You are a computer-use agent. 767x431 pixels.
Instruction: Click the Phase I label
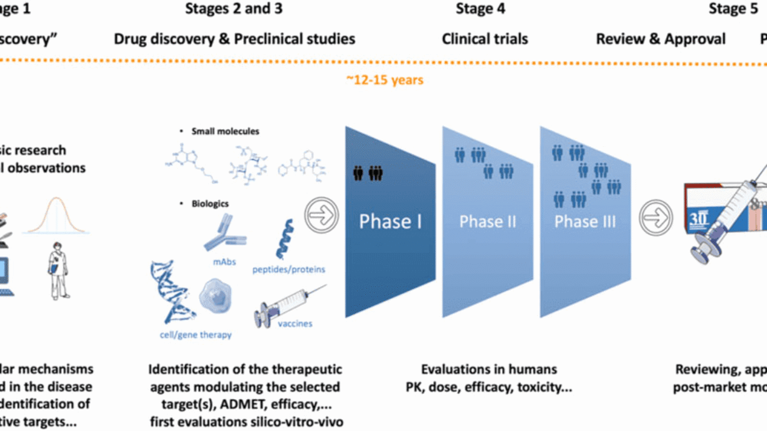click(390, 222)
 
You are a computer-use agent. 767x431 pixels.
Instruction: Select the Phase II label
click(487, 222)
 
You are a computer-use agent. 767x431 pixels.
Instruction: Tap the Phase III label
click(585, 222)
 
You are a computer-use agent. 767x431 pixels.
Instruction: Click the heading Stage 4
click(480, 9)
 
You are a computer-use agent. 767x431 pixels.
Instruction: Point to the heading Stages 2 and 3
click(234, 9)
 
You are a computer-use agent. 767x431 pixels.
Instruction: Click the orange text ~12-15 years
click(385, 80)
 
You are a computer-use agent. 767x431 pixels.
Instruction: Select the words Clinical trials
click(485, 40)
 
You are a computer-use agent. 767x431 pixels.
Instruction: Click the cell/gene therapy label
click(195, 334)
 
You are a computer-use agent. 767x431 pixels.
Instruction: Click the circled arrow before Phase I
click(322, 215)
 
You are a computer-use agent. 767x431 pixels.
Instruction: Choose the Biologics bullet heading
click(209, 203)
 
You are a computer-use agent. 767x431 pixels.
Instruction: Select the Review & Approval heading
click(660, 40)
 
